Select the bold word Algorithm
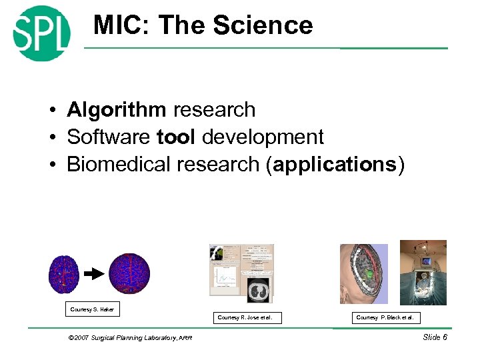pos(116,109)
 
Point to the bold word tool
pos(176,137)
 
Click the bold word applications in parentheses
pos(335,165)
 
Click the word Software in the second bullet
pos(109,137)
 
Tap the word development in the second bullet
pos(263,137)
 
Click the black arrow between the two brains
pos(94,273)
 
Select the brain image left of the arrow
pos(64,274)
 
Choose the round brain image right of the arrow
pos(129,273)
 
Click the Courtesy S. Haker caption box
pos(92,309)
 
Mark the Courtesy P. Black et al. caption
pos(388,317)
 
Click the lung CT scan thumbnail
pos(255,289)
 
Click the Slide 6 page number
pos(435,337)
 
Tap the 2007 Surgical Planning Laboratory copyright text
pos(130,338)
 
